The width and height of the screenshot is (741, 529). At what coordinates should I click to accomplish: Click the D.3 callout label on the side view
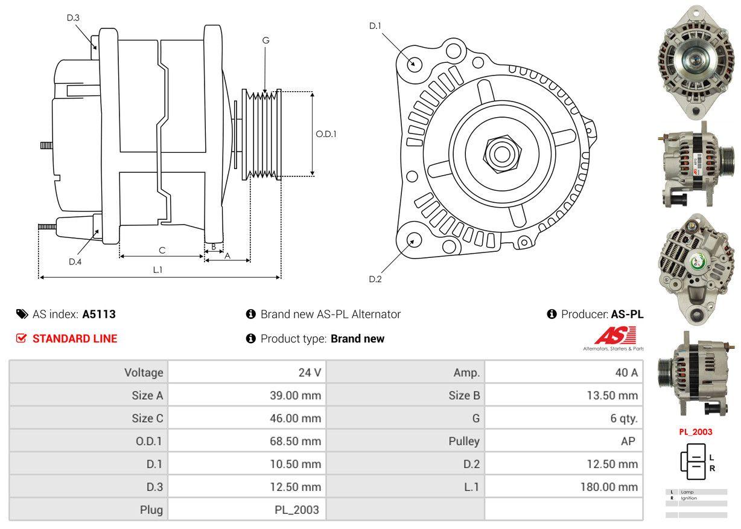(x=73, y=18)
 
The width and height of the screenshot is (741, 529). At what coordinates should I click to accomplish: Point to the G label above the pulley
(x=266, y=40)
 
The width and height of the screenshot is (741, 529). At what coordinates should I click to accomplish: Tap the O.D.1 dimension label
(x=326, y=134)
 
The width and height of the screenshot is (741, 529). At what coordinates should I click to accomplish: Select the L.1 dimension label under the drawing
(x=157, y=270)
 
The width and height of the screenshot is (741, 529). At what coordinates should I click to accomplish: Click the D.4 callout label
(x=75, y=261)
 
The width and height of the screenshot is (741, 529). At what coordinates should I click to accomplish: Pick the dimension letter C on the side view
(x=162, y=250)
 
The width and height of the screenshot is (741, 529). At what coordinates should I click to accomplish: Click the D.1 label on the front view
(x=375, y=25)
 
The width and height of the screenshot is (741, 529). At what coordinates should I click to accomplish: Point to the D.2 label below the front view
(x=375, y=279)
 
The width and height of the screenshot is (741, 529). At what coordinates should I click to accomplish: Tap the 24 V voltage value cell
(x=310, y=373)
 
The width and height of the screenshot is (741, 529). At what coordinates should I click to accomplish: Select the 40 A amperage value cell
(x=626, y=373)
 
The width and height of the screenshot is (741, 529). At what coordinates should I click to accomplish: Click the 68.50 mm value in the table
(x=295, y=441)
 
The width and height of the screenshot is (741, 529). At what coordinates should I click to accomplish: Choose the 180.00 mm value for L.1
(x=609, y=487)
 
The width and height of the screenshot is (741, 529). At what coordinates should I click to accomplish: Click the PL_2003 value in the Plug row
(x=297, y=510)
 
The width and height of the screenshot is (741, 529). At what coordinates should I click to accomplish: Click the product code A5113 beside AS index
(x=99, y=314)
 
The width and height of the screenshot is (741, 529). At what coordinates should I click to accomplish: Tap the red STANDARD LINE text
(x=75, y=339)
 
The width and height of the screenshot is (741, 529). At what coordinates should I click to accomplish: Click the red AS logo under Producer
(x=615, y=336)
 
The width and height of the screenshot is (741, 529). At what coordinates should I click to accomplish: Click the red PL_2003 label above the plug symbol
(x=696, y=432)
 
